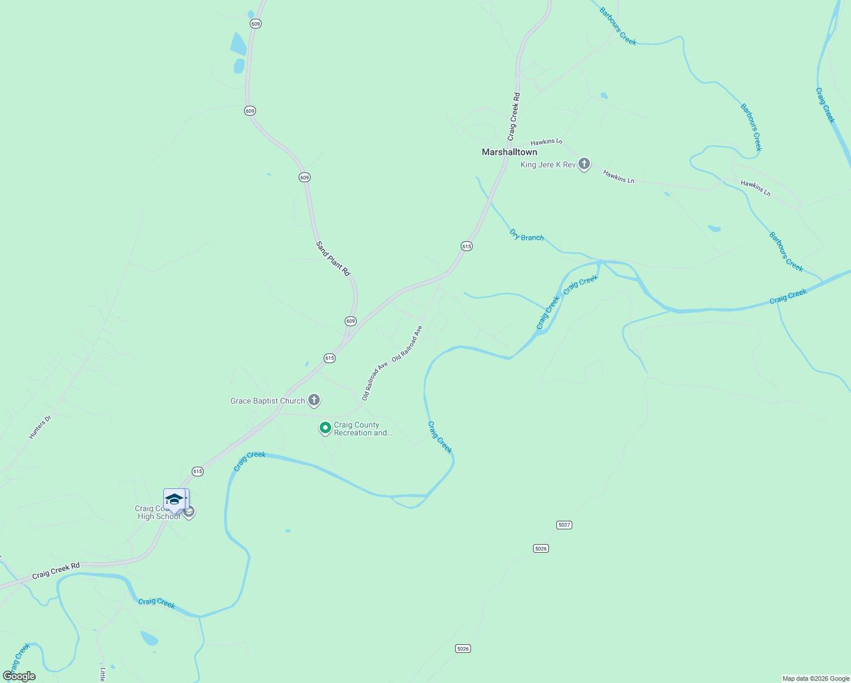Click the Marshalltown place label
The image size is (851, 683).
509,152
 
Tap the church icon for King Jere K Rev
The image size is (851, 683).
584,164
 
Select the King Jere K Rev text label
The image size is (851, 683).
548,164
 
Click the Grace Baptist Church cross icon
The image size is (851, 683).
314,400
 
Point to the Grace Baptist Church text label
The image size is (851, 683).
267,401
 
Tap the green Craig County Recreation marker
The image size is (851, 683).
325,427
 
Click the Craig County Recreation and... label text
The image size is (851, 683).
363,429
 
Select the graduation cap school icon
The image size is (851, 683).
174,499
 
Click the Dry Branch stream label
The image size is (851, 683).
526,235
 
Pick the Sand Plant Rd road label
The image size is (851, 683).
333,258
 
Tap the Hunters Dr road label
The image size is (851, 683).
40,427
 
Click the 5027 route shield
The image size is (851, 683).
564,525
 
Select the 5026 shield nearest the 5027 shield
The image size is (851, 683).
541,549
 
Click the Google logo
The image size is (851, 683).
19,676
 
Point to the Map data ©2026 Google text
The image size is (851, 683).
816,678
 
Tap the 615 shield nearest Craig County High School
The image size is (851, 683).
197,471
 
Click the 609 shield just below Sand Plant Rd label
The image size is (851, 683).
350,321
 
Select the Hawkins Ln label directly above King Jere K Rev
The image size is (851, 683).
546,141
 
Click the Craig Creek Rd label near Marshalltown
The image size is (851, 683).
514,117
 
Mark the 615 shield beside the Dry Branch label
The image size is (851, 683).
466,246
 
